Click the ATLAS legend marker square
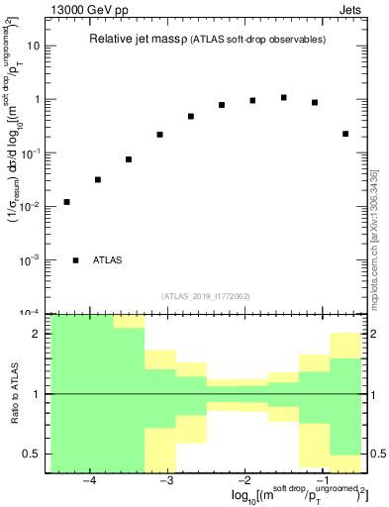click(75, 260)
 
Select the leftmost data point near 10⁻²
click(66, 202)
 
